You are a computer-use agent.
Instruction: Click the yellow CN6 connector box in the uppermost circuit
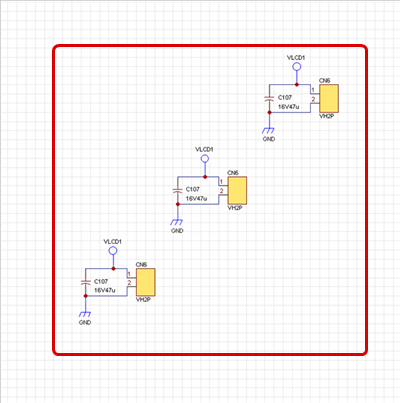pos(329,98)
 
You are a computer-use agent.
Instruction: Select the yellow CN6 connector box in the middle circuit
pos(237,190)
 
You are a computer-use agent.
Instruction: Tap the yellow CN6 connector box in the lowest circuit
pos(146,282)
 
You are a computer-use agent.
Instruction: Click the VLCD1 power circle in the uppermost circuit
pos(297,67)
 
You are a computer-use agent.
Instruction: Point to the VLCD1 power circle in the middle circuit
pos(205,159)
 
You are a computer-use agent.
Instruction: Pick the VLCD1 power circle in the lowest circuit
pos(113,251)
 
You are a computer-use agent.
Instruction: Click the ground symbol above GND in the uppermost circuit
pos(268,130)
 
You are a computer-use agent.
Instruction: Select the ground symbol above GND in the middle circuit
pos(177,222)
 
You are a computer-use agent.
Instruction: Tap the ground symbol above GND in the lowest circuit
pos(85,314)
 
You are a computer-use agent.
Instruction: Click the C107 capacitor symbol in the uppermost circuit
pos(269,98)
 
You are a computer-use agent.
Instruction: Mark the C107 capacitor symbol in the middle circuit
pos(177,190)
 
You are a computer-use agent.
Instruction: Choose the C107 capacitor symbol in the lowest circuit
pos(86,282)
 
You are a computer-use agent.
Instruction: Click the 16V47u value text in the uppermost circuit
pos(289,107)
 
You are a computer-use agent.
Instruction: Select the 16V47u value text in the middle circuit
pos(197,199)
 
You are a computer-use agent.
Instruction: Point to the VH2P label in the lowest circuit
pos(143,300)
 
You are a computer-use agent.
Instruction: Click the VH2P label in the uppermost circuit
pos(327,116)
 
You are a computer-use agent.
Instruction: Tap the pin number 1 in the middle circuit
pos(221,182)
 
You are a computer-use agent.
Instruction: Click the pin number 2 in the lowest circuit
pos(129,283)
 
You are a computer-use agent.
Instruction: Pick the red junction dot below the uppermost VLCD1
pos(297,85)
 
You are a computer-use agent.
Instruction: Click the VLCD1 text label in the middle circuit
pos(204,150)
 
